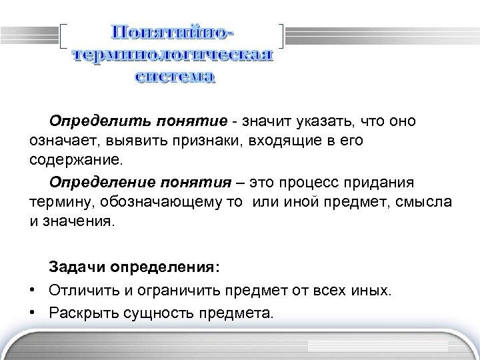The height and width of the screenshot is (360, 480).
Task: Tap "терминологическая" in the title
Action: click(x=173, y=55)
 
